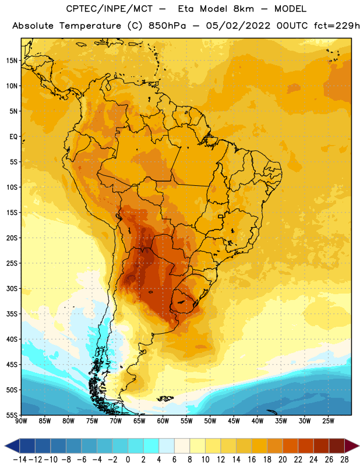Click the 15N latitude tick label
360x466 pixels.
(12, 61)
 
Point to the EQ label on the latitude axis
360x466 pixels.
(13, 137)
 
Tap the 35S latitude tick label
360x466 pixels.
(12, 314)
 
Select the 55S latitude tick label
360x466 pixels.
(12, 415)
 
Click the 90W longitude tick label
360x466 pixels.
(21, 421)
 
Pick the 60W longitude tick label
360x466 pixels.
(163, 421)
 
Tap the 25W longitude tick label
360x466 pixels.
(328, 421)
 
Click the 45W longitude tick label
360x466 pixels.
(234, 421)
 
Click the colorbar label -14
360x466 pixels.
(20, 460)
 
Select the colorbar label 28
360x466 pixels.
(344, 460)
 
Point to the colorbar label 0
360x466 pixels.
(128, 460)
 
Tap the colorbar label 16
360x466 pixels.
(252, 460)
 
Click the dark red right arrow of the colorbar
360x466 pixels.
(351, 446)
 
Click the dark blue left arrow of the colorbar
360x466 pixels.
(12, 446)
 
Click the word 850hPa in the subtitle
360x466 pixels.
(167, 26)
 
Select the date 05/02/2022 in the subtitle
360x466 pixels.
(238, 26)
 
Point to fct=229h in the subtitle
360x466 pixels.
(337, 26)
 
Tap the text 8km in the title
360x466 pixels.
(243, 9)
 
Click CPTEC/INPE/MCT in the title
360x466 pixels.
(109, 9)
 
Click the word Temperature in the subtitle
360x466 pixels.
(90, 26)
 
